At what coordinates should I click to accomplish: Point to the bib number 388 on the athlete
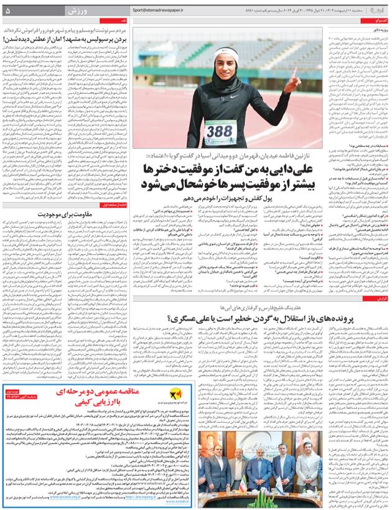(x=219, y=132)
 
